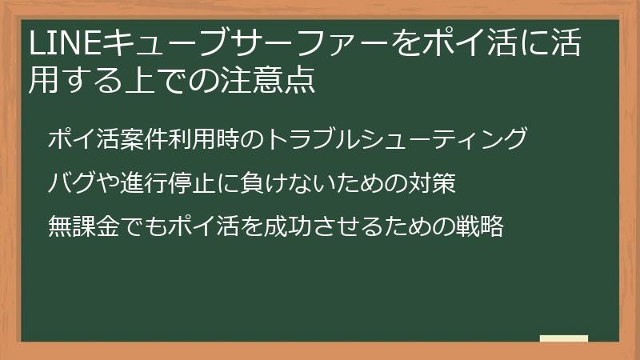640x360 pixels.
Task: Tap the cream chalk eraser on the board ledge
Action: point(564,339)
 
